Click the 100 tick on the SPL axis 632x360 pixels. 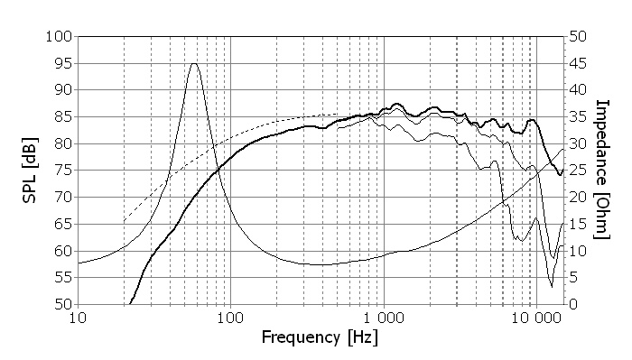pos(59,37)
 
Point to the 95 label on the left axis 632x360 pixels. pos(63,64)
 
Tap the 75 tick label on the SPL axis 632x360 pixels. pos(63,171)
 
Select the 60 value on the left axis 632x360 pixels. pos(63,251)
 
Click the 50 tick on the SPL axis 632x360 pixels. pos(63,304)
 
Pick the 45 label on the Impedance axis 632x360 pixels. pos(578,64)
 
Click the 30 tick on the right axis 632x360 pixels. pos(578,143)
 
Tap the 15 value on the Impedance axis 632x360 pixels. pos(578,224)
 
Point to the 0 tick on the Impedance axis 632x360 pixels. pos(573,304)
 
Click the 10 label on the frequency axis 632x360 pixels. pos(78,318)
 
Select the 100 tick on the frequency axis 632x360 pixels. pos(230,318)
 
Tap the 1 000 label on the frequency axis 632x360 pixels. pos(384,318)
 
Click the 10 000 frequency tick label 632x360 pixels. pos(536,318)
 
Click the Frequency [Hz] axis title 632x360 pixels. pos(320,337)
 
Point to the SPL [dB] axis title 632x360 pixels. pos(30,171)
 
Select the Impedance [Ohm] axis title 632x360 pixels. pos(602,170)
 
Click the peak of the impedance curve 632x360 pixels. pos(194,63)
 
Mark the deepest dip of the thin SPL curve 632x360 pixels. pos(552,287)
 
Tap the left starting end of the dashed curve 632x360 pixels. pos(125,221)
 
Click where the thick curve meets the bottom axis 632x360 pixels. pos(130,304)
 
